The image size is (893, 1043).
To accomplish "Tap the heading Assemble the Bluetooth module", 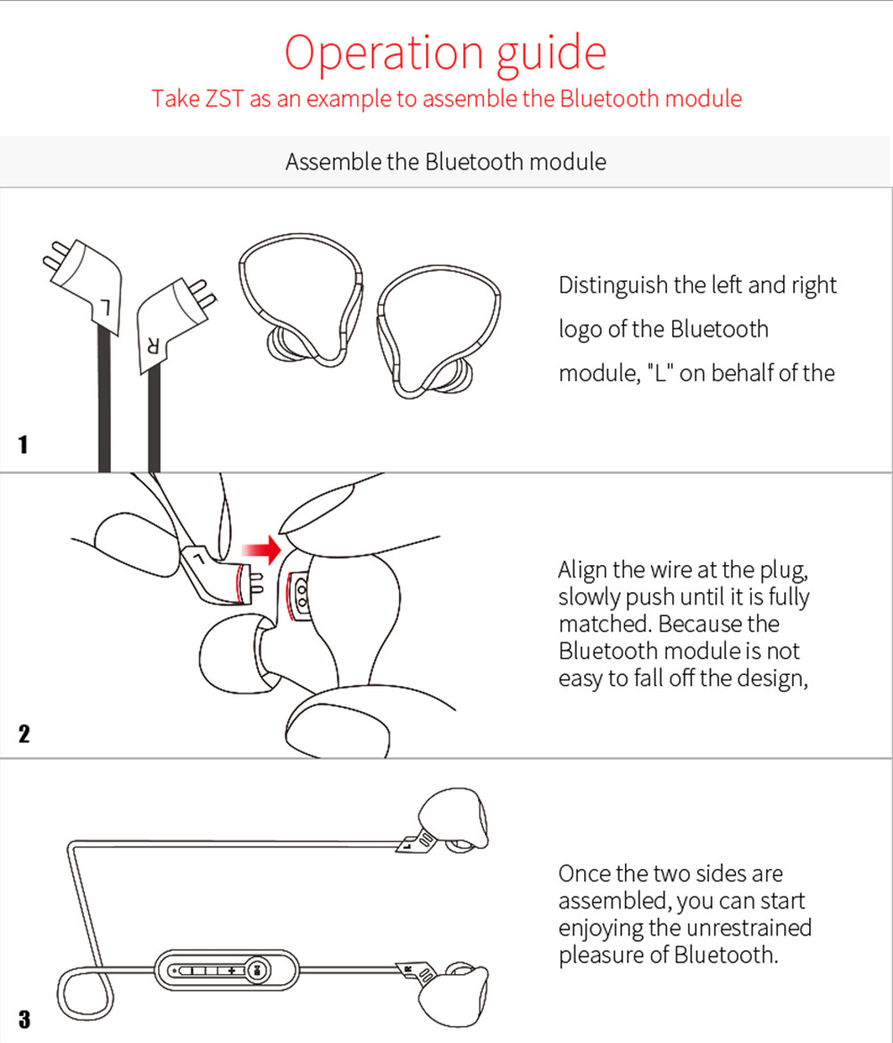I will click(x=446, y=162).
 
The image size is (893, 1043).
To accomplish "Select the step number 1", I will click(x=23, y=444).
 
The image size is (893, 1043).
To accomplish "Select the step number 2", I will click(x=23, y=734).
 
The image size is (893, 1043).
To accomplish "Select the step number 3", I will click(x=23, y=1019).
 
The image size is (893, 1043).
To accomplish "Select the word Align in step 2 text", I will click(x=582, y=570).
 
